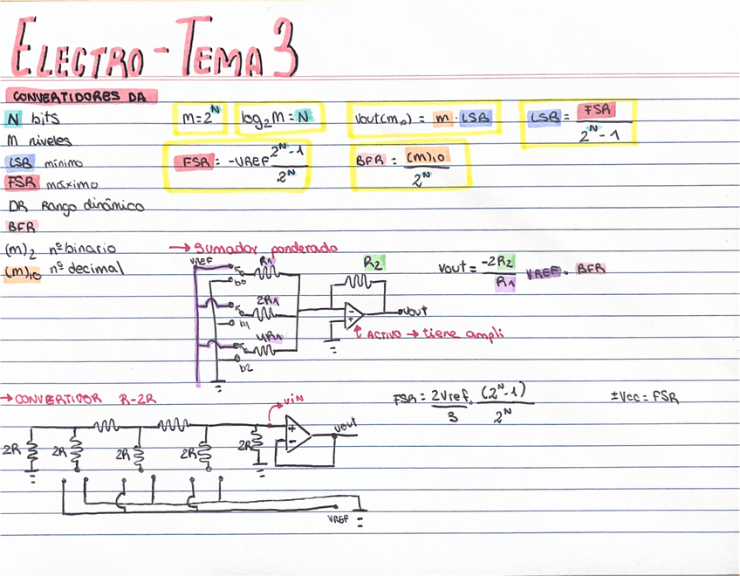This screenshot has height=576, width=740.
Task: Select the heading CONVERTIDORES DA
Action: point(79,97)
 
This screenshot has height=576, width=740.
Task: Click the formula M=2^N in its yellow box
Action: point(200,117)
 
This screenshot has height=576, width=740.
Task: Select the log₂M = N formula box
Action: point(278,119)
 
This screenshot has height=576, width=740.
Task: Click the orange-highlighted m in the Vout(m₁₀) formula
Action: point(442,118)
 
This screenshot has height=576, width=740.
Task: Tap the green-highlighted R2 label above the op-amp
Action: point(374,262)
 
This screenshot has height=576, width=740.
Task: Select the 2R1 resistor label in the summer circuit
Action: point(266,299)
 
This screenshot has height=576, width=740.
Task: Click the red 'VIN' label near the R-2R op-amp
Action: point(293,400)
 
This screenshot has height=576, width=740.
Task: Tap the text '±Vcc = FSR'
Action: point(645,397)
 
